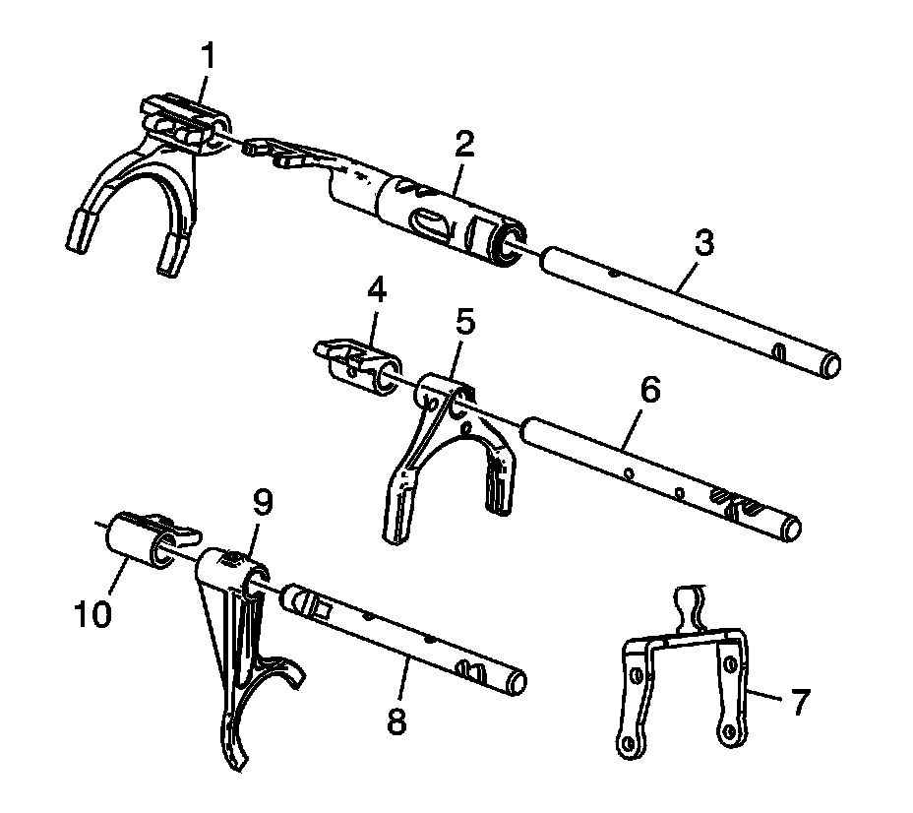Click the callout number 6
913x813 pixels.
(x=650, y=389)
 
